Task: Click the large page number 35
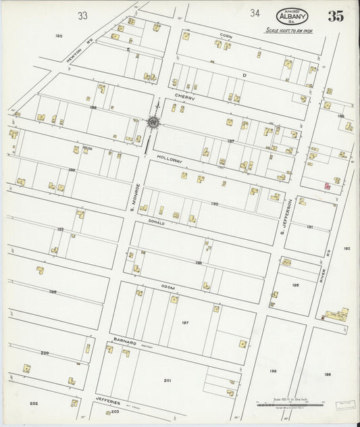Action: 336,16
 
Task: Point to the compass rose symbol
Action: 153,122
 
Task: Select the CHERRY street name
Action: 185,97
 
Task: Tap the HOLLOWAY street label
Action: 170,160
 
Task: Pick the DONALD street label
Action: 157,222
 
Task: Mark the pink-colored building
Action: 327,184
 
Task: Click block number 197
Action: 184,323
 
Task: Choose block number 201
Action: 167,380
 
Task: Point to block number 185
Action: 59,36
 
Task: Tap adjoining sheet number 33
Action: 82,15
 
